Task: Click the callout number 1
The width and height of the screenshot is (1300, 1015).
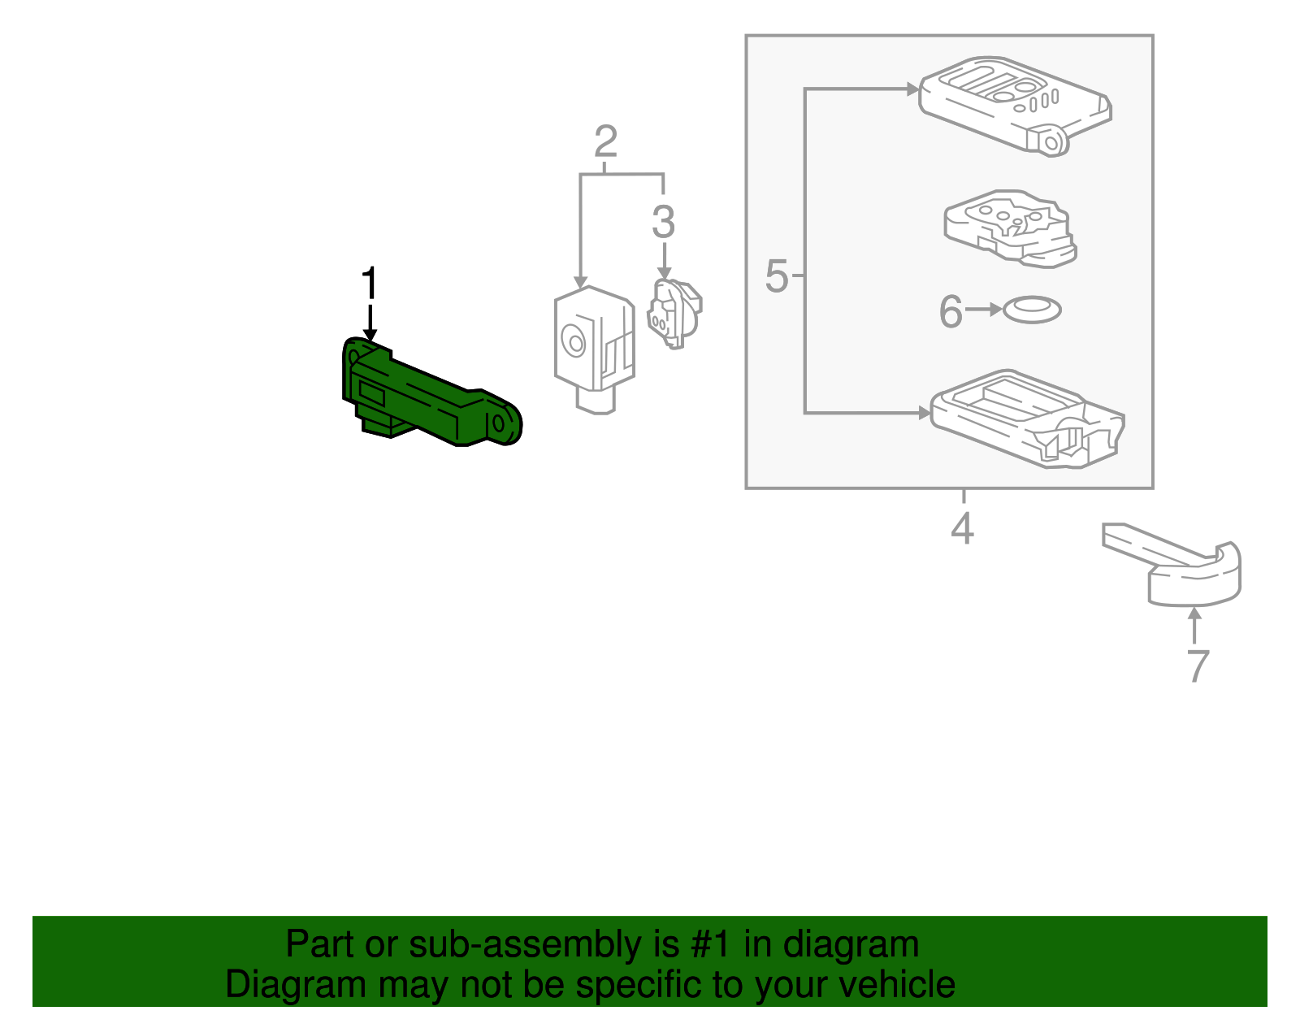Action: coord(370,284)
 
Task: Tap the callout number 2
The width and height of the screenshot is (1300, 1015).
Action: coord(605,142)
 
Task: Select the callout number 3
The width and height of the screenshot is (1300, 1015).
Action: coord(663,222)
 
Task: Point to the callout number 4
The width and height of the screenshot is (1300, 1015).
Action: coord(962,529)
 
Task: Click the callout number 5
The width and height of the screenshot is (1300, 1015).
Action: coord(777,276)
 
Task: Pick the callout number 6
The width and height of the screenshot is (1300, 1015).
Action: coord(950,311)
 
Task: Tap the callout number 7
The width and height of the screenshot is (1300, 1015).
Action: coord(1198,666)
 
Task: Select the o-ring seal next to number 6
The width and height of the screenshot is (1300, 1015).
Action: coord(1032,310)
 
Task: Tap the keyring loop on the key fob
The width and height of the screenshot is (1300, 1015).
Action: coord(1051,143)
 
